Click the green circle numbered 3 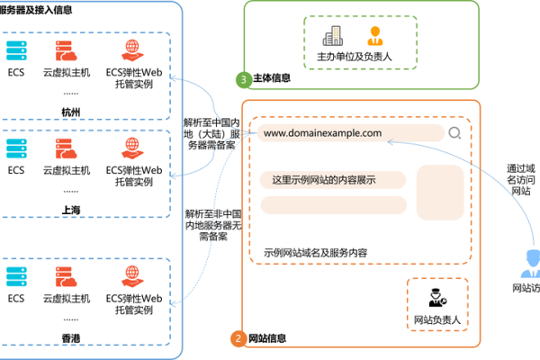click(x=244, y=79)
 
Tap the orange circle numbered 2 click(x=238, y=339)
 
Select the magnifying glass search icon click(x=454, y=134)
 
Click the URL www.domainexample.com click(x=323, y=133)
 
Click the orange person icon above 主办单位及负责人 click(x=373, y=36)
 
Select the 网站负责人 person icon click(x=436, y=296)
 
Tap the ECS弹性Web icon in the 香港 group click(x=133, y=273)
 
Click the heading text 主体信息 click(x=273, y=79)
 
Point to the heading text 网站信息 click(x=266, y=339)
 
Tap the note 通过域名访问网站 click(x=521, y=178)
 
